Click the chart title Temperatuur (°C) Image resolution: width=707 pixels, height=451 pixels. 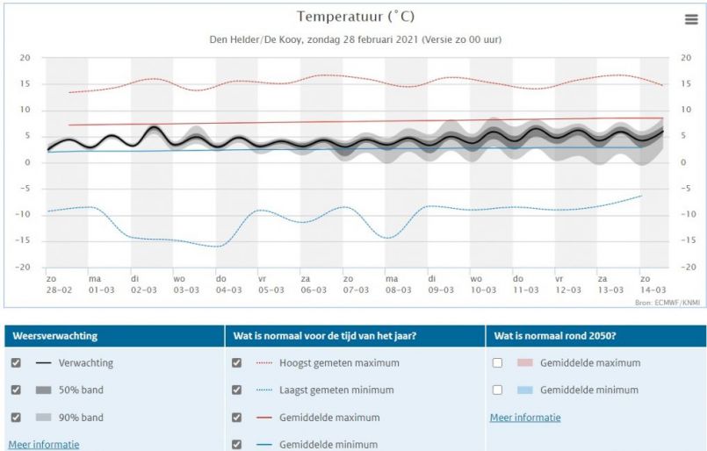[x=355, y=17]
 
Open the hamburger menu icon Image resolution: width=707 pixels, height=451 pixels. [x=691, y=20]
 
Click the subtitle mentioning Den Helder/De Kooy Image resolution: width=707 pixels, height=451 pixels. [x=355, y=40]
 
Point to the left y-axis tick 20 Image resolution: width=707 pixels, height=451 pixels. [x=25, y=58]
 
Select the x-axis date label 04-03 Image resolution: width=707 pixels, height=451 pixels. [x=228, y=290]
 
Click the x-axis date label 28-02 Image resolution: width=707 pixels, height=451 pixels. [x=58, y=290]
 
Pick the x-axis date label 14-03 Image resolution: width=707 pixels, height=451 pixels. [x=653, y=290]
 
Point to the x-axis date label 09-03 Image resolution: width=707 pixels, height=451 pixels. [x=440, y=290]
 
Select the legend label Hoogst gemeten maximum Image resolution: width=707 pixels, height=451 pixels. [x=339, y=362]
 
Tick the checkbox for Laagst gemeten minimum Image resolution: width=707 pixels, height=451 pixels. [x=236, y=390]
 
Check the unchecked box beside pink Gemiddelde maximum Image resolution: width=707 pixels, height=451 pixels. [x=498, y=362]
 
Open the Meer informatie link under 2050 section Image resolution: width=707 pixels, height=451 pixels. [x=525, y=418]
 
